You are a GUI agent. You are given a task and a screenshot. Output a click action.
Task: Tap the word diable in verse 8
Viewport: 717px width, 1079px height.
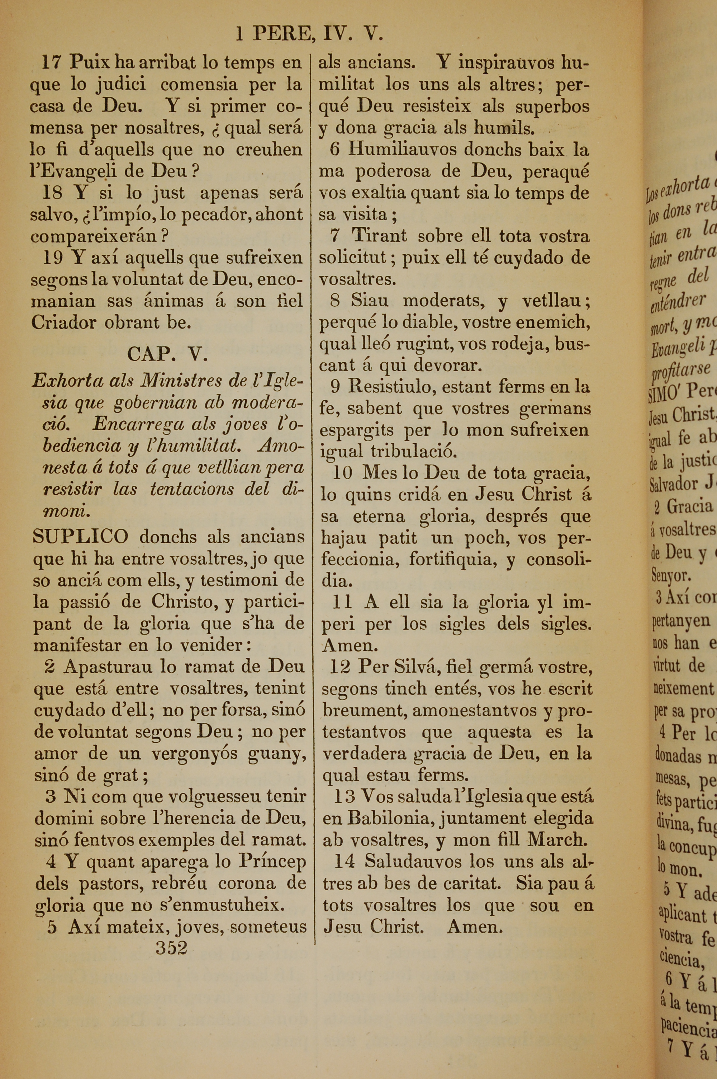pos(428,322)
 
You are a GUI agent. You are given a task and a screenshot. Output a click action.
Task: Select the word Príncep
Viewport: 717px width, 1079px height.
pos(272,862)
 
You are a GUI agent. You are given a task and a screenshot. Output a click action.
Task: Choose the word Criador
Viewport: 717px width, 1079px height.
pos(63,322)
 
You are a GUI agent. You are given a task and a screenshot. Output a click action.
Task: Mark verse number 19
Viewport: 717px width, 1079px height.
pos(53,258)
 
